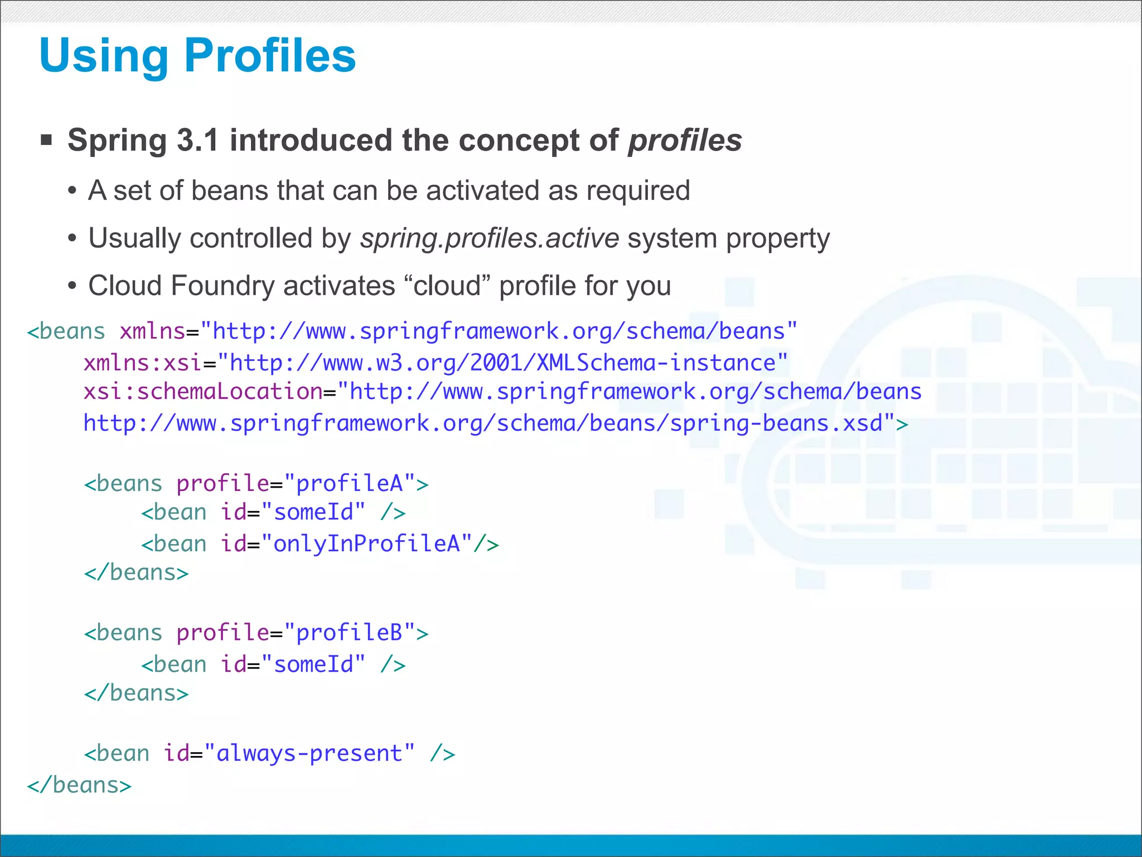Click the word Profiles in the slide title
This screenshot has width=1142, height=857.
click(270, 56)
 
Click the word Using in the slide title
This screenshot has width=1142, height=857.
click(104, 56)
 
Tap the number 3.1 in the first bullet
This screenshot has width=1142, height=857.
click(197, 140)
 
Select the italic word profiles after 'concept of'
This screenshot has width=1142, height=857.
click(685, 140)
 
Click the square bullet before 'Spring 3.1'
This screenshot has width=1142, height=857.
click(46, 139)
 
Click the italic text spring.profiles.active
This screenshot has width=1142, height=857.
click(490, 238)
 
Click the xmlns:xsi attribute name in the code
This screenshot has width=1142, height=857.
click(142, 363)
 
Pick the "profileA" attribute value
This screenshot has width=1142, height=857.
click(349, 484)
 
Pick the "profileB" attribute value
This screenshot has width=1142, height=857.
click(349, 633)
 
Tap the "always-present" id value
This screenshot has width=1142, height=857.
click(309, 754)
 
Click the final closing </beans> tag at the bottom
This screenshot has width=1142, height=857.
click(79, 786)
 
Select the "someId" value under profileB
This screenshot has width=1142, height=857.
click(313, 665)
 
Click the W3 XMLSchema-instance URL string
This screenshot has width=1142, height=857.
click(502, 363)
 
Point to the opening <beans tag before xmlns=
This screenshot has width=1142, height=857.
click(66, 332)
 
